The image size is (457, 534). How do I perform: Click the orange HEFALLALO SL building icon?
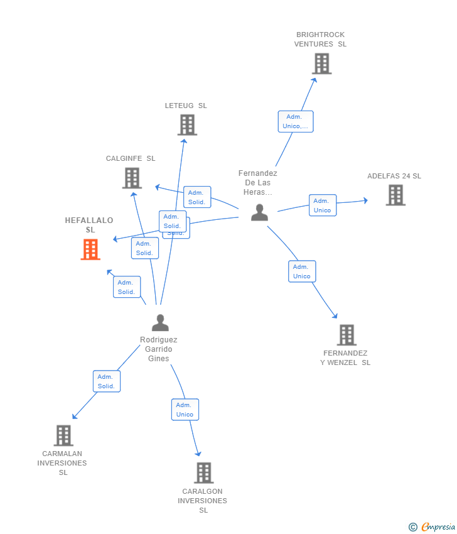[90, 249]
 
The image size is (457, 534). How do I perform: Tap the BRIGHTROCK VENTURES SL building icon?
[321, 63]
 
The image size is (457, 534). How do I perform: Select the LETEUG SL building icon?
[187, 125]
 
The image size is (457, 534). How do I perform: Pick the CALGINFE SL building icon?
[132, 178]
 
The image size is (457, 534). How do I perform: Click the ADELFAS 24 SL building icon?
[395, 195]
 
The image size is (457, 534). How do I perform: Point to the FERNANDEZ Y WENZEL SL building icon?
[347, 335]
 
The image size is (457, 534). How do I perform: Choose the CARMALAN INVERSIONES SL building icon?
[63, 435]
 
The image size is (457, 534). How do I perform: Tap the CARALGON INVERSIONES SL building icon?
[203, 473]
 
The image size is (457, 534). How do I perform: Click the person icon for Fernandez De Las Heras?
[259, 212]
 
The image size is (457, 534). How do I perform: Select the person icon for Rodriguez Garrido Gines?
[160, 323]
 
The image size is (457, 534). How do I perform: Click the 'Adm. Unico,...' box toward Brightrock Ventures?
[296, 121]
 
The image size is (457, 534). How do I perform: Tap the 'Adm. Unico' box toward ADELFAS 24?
[323, 205]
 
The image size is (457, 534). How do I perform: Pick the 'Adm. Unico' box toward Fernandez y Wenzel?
[302, 271]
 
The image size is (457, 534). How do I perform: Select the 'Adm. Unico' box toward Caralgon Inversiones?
[185, 410]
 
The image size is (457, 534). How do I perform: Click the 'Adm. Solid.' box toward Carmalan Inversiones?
[107, 381]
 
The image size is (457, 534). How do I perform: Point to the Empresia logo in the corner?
[433, 526]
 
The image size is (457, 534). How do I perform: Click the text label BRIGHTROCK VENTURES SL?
[320, 40]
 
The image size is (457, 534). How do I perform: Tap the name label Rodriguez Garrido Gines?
[159, 349]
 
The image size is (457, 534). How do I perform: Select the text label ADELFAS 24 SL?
[394, 176]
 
